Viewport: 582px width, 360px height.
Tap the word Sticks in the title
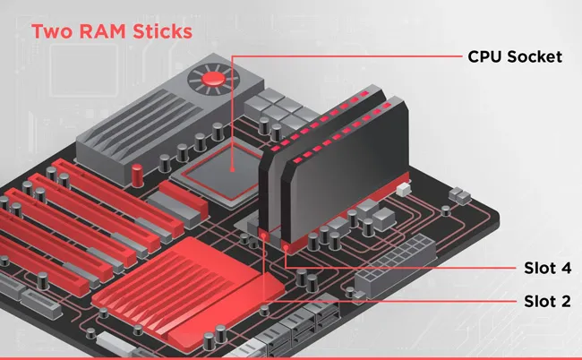[158, 32]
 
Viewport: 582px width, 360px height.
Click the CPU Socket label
[514, 56]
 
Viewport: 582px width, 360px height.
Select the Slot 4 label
[546, 268]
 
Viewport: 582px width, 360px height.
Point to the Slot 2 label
[546, 301]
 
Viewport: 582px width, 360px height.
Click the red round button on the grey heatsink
[213, 80]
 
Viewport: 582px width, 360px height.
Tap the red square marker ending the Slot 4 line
[285, 244]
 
